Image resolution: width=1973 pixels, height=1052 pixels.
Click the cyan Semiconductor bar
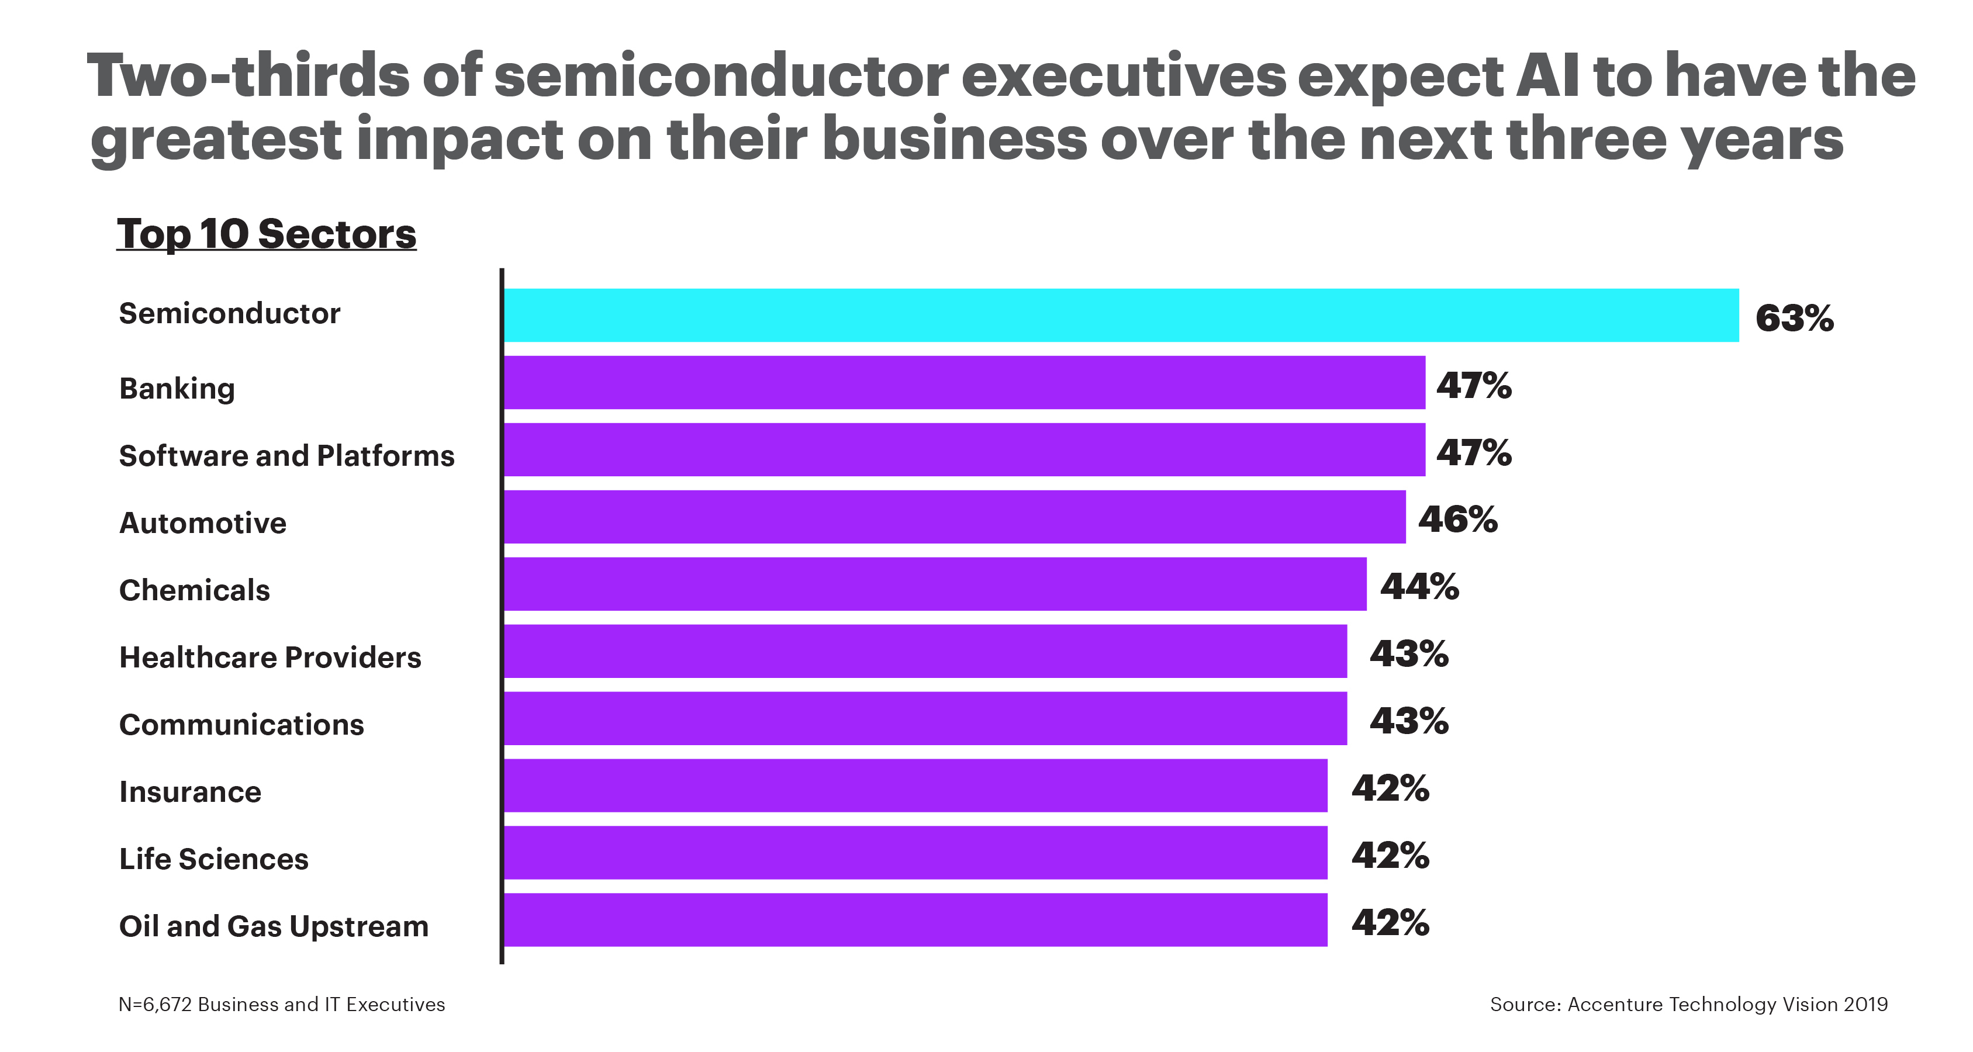1121,316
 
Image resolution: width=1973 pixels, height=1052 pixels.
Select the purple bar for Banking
963,382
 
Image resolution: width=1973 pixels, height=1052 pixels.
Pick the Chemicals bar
934,584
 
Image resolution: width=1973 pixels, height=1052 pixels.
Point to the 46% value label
1457,520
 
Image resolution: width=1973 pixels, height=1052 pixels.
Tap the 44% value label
1419,587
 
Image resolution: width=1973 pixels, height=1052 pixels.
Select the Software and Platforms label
286,456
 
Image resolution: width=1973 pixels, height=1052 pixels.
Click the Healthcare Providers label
269,657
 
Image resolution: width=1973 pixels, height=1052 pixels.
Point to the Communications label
241,725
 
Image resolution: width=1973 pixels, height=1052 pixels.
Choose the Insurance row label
190,793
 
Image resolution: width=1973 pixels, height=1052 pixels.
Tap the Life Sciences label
214,859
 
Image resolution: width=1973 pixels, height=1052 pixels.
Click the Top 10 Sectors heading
266,234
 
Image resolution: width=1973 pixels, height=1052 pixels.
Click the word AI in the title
1547,77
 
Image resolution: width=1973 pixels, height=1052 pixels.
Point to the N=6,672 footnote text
281,1005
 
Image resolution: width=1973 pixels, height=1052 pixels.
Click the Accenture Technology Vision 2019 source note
1688,1005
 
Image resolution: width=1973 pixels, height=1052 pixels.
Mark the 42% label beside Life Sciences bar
1390,856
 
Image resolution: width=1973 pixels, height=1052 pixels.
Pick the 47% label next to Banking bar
1474,386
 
